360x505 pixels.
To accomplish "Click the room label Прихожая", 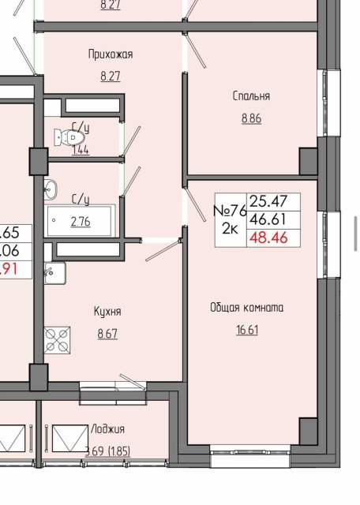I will [110, 54].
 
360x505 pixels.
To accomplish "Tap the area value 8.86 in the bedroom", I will [251, 118].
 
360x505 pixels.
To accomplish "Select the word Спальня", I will [251, 96].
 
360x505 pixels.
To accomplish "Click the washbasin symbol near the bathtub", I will [51, 189].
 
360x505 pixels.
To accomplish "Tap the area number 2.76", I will [81, 222].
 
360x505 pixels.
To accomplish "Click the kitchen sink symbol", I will [54, 273].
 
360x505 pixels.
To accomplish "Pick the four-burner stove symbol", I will [57, 339].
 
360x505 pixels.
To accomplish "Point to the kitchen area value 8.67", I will [107, 334].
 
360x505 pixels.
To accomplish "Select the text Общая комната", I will [246, 307].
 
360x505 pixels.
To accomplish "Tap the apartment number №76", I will [231, 211].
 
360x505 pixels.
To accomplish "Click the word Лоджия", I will [107, 429].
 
